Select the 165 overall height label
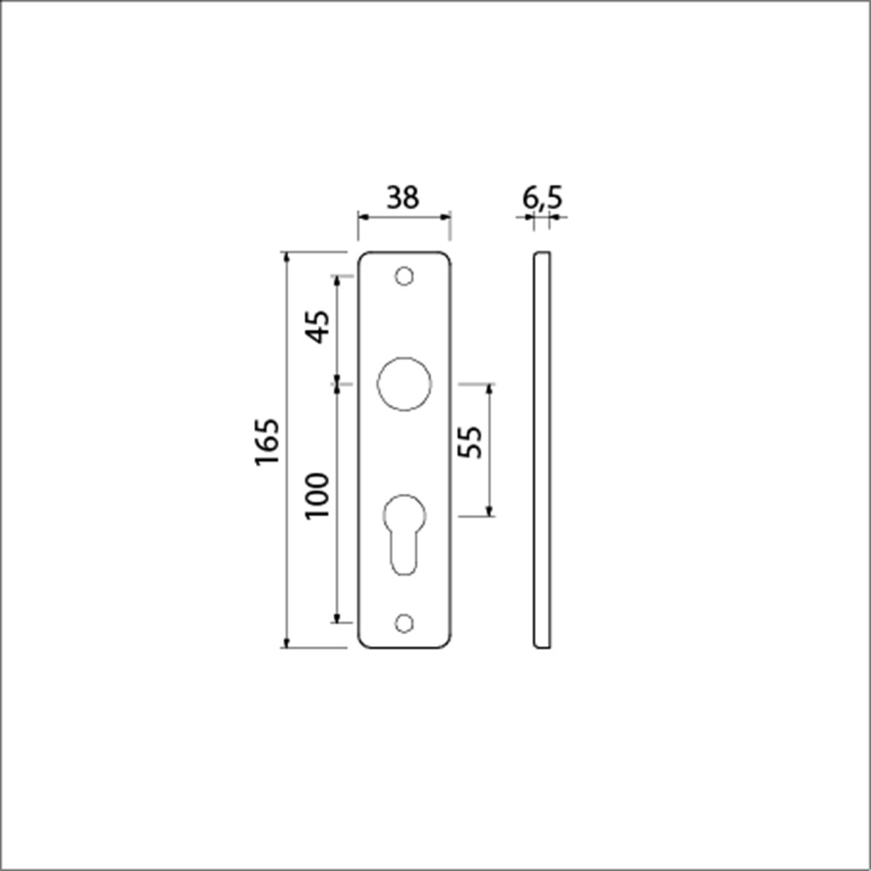[267, 442]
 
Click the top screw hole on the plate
[403, 276]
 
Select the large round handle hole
[404, 383]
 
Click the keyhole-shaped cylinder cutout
[404, 532]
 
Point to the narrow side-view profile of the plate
[541, 450]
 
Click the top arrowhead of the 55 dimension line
[490, 388]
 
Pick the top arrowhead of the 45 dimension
[337, 281]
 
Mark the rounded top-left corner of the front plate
[362, 257]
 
